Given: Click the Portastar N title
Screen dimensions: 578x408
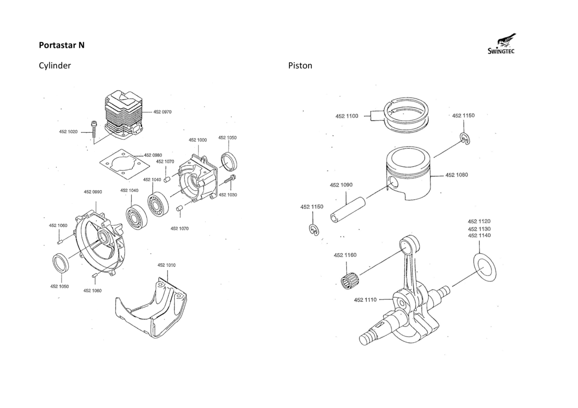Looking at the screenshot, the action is [62, 45].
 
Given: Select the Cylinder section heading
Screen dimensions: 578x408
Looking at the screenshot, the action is [55, 66].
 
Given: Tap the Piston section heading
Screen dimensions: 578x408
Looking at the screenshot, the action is [300, 66].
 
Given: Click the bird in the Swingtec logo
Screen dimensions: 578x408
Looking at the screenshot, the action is [506, 41].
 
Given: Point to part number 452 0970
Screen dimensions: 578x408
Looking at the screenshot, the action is [162, 112].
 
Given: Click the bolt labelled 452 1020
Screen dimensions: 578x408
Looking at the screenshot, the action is [94, 130].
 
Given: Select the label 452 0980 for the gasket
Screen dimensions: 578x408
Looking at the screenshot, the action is [153, 155].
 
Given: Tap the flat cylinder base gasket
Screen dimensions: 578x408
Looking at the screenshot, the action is [125, 165].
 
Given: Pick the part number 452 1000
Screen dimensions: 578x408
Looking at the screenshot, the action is [198, 140].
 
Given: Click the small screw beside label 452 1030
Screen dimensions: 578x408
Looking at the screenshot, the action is [230, 179].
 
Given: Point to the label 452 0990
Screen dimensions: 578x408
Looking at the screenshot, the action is [93, 192].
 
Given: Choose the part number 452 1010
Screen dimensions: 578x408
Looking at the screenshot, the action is [166, 265].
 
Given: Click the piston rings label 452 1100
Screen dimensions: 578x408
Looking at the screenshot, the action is [347, 116].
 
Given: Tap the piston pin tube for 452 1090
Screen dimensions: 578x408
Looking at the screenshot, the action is [348, 210].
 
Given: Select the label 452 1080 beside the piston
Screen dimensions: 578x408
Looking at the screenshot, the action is [456, 175].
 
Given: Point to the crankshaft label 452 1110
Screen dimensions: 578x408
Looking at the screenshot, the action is [365, 300].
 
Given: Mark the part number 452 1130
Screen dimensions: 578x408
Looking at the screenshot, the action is [479, 229].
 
